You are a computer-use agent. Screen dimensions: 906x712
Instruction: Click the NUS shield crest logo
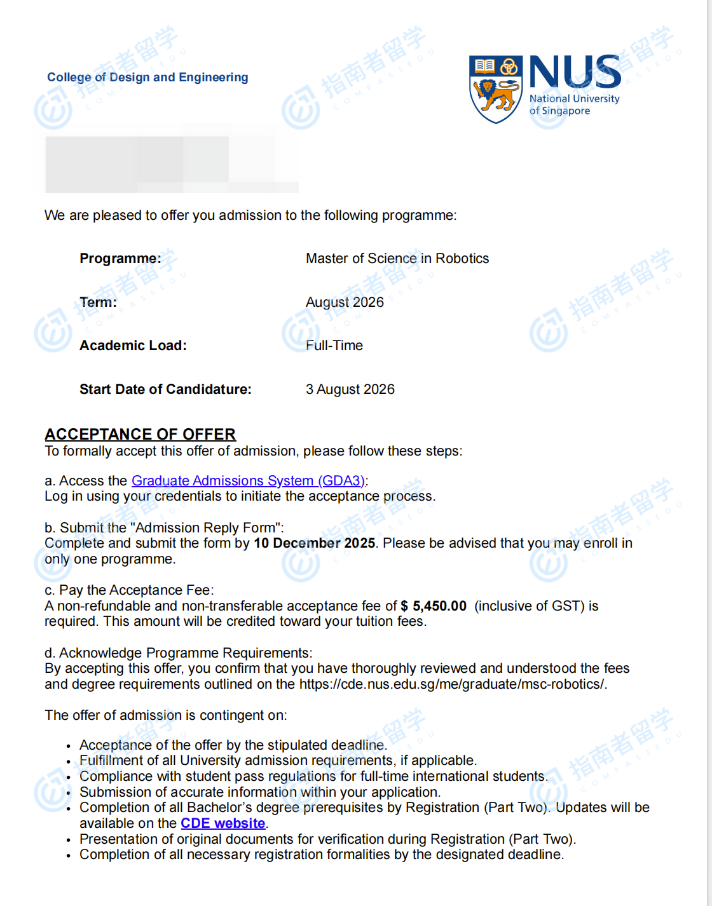tap(495, 88)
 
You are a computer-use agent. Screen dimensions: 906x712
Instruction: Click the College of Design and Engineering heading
tap(147, 78)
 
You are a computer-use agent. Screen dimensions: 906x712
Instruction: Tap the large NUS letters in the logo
tap(575, 72)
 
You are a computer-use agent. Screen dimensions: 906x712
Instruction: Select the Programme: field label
tap(120, 259)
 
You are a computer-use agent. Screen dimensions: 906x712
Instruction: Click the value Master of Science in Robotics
tap(397, 259)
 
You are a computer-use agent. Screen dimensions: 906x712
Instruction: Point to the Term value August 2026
tap(345, 302)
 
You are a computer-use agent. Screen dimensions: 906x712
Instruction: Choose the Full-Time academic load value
tap(334, 346)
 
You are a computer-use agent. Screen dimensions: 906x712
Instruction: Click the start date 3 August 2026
tap(350, 389)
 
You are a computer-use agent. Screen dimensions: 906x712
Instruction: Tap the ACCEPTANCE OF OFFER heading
tap(140, 435)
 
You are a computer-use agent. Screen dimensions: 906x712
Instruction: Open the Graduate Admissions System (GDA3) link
tap(248, 481)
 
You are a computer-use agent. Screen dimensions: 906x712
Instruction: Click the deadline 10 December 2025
tap(314, 543)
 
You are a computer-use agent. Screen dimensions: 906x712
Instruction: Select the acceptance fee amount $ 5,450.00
tap(434, 606)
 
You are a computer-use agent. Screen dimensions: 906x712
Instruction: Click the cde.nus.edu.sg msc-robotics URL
tap(452, 684)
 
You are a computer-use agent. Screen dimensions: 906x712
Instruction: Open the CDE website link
tap(223, 823)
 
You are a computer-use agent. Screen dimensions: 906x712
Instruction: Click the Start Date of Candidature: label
tap(165, 389)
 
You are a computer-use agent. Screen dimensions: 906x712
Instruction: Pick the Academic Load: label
tap(133, 346)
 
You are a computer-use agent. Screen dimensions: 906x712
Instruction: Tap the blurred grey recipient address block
tap(172, 164)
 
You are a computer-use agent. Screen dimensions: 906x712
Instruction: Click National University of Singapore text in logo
tap(574, 105)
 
